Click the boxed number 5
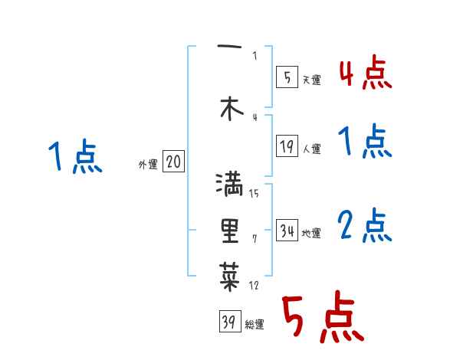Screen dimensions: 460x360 coord(286,77)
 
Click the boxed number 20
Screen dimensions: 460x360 coord(173,162)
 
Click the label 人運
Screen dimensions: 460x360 coord(311,149)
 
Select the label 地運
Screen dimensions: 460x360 coord(311,234)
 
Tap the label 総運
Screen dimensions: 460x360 coord(255,325)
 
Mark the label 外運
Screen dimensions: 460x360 coord(148,165)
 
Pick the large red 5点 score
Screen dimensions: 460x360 coord(321,318)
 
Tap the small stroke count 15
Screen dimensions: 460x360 coord(254,193)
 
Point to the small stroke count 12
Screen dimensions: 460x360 coord(254,286)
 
